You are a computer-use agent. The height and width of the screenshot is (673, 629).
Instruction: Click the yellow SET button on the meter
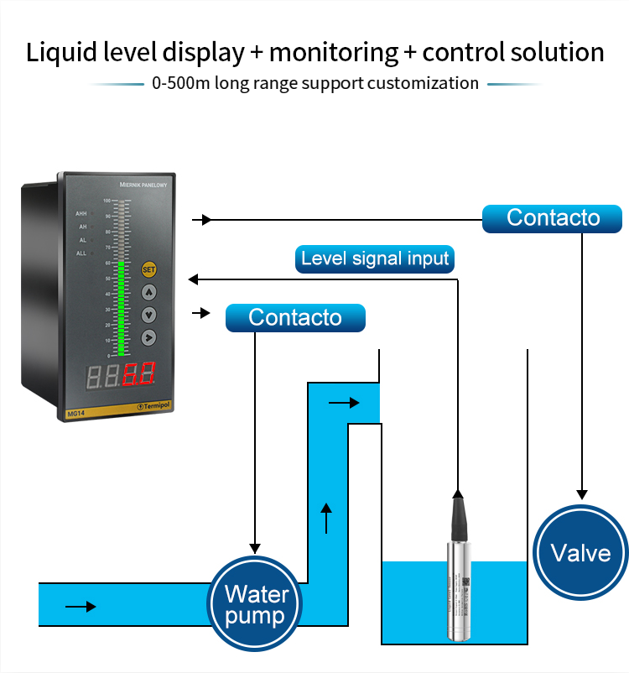149,270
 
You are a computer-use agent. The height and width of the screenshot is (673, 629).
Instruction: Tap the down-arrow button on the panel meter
149,316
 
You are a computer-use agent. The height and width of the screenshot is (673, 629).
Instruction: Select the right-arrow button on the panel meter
149,337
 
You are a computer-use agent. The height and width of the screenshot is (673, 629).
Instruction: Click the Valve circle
580,553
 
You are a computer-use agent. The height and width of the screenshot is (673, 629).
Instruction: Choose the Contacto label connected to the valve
553,218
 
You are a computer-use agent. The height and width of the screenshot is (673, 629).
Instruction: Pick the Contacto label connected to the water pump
295,318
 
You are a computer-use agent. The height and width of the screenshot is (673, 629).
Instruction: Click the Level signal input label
375,258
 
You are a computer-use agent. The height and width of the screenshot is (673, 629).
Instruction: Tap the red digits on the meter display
137,374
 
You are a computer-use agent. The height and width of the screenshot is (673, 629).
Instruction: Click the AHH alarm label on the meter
81,213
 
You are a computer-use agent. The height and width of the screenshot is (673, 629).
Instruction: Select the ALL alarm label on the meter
81,253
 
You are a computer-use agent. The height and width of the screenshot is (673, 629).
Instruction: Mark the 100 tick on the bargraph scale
107,201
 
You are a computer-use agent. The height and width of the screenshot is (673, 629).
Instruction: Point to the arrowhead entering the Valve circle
581,495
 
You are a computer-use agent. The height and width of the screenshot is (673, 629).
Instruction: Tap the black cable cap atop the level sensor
457,514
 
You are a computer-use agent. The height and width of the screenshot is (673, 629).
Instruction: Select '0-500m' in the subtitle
177,83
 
